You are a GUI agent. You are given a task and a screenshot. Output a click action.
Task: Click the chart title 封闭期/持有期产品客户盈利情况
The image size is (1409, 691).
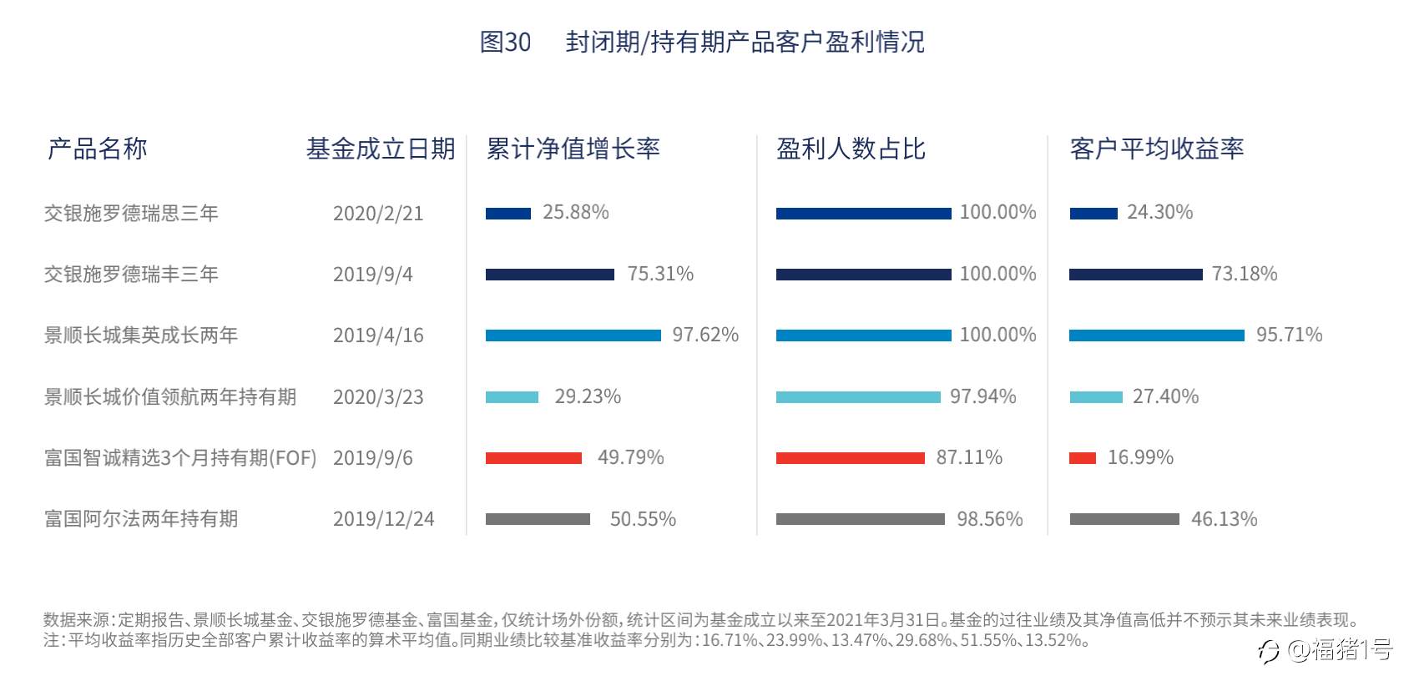click(744, 42)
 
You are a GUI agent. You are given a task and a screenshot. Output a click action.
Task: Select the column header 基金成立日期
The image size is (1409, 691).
click(381, 149)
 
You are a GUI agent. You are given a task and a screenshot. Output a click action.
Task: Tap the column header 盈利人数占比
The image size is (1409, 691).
click(851, 149)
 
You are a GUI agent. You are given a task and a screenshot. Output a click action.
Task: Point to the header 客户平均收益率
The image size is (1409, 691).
click(1156, 149)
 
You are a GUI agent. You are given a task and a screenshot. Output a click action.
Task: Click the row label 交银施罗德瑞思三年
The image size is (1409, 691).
click(131, 213)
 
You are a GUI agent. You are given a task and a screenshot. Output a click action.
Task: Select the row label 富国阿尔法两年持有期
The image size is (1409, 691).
click(141, 519)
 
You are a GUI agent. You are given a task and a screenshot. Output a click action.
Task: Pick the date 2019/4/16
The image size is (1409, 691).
click(378, 335)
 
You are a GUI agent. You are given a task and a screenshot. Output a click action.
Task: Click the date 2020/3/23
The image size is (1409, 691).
click(378, 396)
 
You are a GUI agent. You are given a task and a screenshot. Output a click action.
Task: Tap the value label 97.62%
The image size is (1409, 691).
click(705, 335)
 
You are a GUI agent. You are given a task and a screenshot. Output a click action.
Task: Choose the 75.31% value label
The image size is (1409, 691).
click(660, 274)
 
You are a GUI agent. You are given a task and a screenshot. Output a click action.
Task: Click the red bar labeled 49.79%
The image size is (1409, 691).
click(533, 458)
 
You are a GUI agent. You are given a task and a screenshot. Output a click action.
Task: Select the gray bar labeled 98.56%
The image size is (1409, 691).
click(860, 519)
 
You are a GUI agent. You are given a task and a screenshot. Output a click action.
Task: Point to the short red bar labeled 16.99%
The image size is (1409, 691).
click(1083, 458)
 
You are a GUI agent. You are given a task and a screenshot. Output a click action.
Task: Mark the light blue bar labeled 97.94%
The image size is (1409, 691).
click(858, 397)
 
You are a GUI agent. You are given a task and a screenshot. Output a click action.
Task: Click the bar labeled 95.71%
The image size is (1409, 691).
click(1156, 335)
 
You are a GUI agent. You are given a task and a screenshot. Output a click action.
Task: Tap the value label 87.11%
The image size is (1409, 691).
click(969, 457)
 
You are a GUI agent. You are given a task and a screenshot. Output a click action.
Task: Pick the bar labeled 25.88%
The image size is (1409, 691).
click(508, 214)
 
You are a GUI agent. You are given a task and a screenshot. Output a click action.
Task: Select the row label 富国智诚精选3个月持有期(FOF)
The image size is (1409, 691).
click(180, 458)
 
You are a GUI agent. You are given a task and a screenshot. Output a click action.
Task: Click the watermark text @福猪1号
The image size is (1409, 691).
click(1339, 649)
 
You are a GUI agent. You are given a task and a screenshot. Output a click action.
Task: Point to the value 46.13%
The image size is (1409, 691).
click(1224, 519)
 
